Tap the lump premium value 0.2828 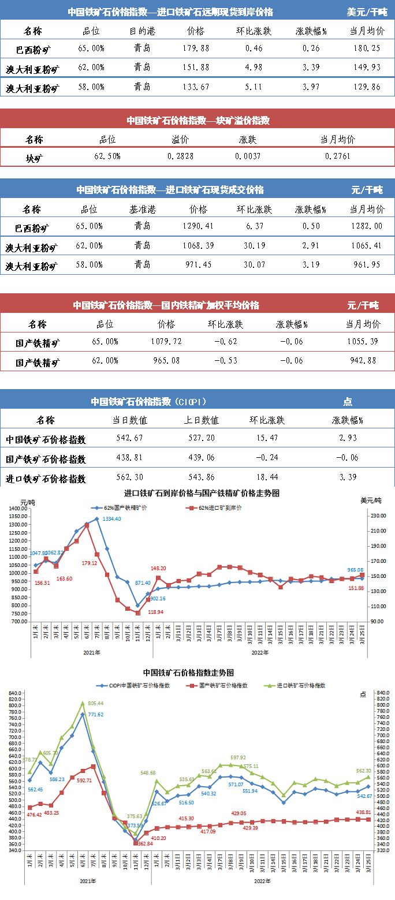[x=181, y=156]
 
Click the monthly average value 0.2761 [x=338, y=156]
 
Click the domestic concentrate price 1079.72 [x=166, y=342]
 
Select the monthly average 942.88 [x=363, y=361]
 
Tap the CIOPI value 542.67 [x=135, y=439]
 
